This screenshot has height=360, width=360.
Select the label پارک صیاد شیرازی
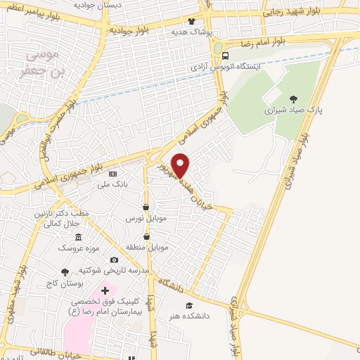tap(288, 110)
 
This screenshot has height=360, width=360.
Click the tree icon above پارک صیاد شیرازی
tap(293, 98)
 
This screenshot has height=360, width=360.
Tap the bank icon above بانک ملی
tap(112, 174)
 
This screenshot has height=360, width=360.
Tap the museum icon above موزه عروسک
tap(78, 237)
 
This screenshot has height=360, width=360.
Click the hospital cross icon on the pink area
tap(107, 290)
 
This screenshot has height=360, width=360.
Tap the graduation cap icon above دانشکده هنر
tap(188, 305)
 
